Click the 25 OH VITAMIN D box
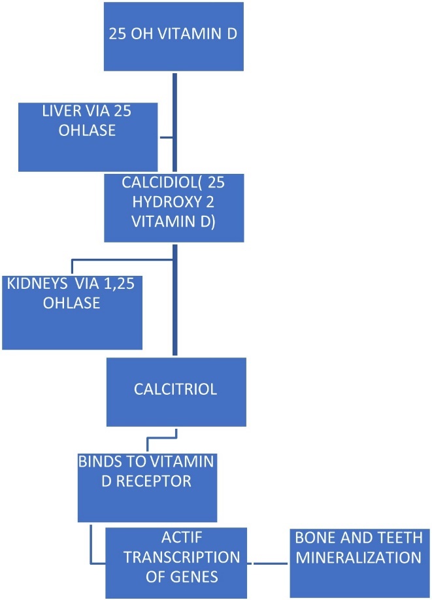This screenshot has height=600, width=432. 174,36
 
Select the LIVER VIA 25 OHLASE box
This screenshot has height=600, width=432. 88,136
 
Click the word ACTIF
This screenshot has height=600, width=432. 173,539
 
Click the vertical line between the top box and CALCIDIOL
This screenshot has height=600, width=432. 173,122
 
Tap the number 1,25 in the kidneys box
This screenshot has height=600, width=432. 120,285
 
